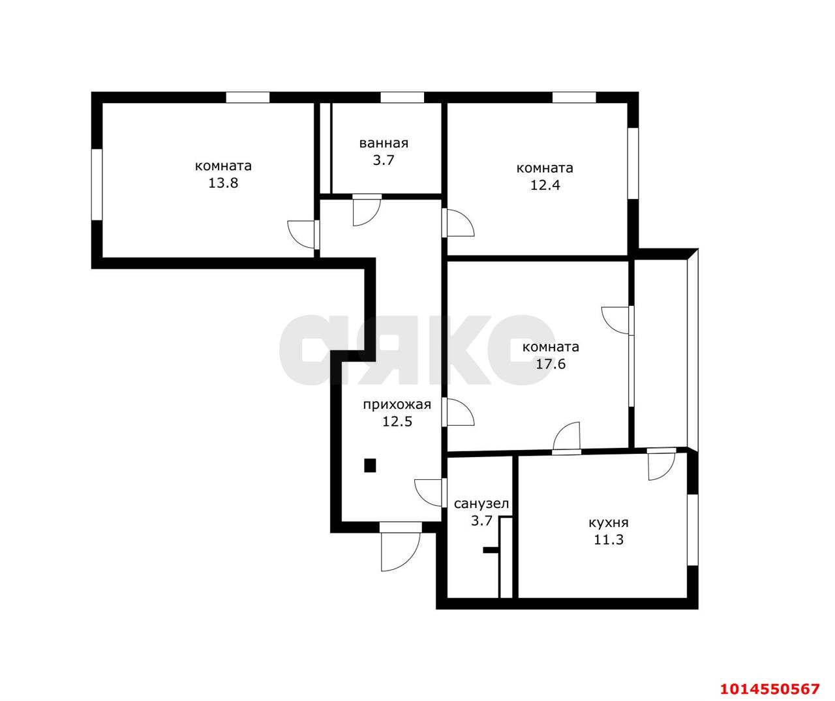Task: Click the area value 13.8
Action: pos(223,183)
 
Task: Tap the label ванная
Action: pos(384,143)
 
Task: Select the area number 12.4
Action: pos(545,185)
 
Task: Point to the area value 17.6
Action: pos(551,364)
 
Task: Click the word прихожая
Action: pos(397,404)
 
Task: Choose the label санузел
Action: pos(481,503)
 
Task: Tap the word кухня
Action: pos(608,522)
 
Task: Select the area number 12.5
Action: pos(397,421)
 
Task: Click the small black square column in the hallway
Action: pos(370,465)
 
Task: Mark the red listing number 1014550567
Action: pos(769,689)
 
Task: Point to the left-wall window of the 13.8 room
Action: pos(97,185)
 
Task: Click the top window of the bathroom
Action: pos(402,98)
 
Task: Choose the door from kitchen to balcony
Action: pos(661,462)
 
